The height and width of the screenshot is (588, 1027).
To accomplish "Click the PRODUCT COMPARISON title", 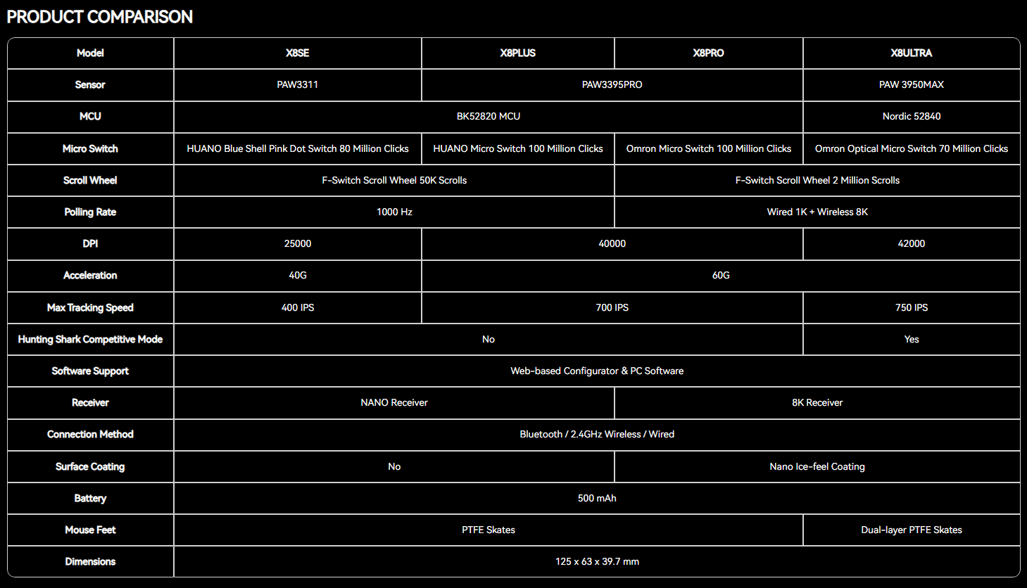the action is coord(99,17).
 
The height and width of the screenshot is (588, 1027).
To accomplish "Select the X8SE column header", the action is coord(298,53).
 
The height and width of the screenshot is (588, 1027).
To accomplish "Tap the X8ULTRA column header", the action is coord(912,53).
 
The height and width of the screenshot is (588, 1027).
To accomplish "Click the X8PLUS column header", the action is coord(517,53).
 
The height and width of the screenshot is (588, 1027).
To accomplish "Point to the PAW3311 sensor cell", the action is coord(298,84).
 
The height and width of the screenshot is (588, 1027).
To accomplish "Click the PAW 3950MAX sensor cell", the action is coord(912,84).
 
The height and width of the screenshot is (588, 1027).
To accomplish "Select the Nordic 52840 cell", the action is coord(912,116).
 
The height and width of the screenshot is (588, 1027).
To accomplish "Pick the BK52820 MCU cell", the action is coord(489,116).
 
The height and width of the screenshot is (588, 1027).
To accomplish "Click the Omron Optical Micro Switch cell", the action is coord(912,149).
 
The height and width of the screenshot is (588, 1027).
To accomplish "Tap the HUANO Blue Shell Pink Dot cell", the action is coord(298,149).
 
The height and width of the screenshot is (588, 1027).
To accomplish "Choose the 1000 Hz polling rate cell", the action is coord(394,212).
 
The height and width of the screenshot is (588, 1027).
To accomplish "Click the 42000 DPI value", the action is coord(912,243).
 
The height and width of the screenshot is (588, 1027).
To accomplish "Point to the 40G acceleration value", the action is coord(298,275).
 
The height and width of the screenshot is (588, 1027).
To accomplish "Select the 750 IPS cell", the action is coord(912,308).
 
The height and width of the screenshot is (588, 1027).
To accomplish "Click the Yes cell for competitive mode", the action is coord(912,339).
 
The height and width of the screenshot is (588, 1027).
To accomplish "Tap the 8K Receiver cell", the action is coord(817,402).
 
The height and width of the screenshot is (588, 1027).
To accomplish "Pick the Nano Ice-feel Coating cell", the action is coord(817,466).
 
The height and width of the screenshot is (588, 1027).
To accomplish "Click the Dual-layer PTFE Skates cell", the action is coord(912,530).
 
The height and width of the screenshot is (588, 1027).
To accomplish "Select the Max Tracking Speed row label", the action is coord(90,308).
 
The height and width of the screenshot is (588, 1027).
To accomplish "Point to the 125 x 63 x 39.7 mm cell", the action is coord(597,561).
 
